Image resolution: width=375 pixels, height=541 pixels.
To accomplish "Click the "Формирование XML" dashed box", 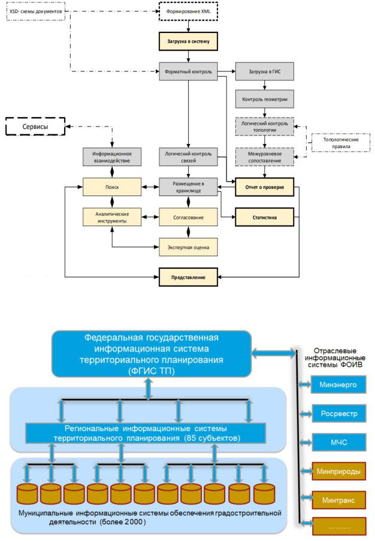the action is click(x=188, y=11).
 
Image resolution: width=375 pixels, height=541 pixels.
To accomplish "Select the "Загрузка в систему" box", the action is click(x=188, y=41).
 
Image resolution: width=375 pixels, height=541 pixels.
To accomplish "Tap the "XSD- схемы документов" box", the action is click(x=36, y=11).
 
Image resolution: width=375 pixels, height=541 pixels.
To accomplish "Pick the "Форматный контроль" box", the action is click(x=188, y=71).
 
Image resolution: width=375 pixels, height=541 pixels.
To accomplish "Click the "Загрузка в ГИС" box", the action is click(x=265, y=71).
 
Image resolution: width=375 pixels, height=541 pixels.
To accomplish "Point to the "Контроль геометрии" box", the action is click(x=265, y=99).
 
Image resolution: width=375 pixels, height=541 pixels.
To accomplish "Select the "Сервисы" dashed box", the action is click(x=35, y=127).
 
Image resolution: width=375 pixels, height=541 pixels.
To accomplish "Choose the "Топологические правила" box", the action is click(x=340, y=143).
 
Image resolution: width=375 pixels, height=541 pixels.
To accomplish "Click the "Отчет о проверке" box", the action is click(x=265, y=187).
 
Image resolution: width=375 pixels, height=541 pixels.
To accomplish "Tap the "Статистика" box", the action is click(x=265, y=217).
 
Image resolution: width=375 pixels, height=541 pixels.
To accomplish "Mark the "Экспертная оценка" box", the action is click(x=188, y=247).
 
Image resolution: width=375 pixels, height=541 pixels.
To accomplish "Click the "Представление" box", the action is click(x=188, y=277).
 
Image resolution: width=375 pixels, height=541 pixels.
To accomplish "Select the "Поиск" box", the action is click(x=112, y=187).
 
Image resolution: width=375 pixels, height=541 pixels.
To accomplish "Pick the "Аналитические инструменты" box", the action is click(x=112, y=217).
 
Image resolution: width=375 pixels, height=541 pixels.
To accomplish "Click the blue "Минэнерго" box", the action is click(x=338, y=384).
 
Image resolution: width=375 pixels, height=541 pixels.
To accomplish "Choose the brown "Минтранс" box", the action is click(x=338, y=500).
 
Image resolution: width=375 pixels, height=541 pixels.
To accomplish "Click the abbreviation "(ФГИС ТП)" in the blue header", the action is click(x=152, y=371).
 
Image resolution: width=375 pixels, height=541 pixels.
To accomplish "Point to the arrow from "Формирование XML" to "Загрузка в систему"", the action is click(x=188, y=26).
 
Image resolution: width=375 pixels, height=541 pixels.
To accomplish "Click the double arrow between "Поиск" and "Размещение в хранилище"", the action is click(x=150, y=187).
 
